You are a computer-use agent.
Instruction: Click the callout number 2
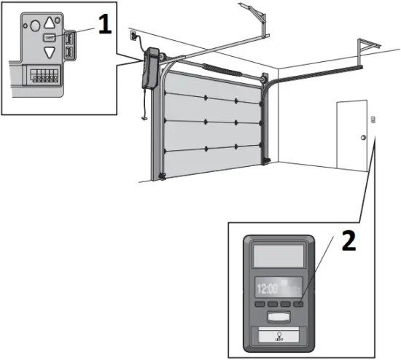pyautogui.click(x=349, y=242)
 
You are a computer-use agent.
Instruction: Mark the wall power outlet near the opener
pyautogui.click(x=133, y=34)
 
